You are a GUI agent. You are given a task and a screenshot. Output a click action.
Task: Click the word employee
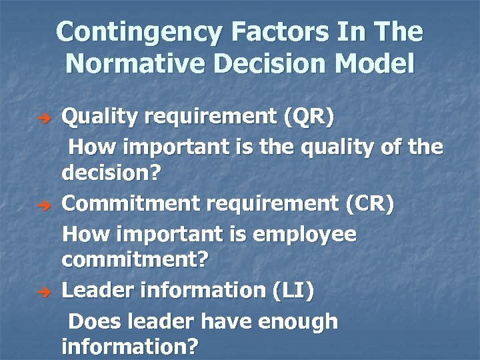[x=307, y=235]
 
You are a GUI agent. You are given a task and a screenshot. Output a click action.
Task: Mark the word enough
[x=297, y=322]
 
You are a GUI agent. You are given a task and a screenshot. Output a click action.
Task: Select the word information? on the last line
[x=130, y=347]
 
